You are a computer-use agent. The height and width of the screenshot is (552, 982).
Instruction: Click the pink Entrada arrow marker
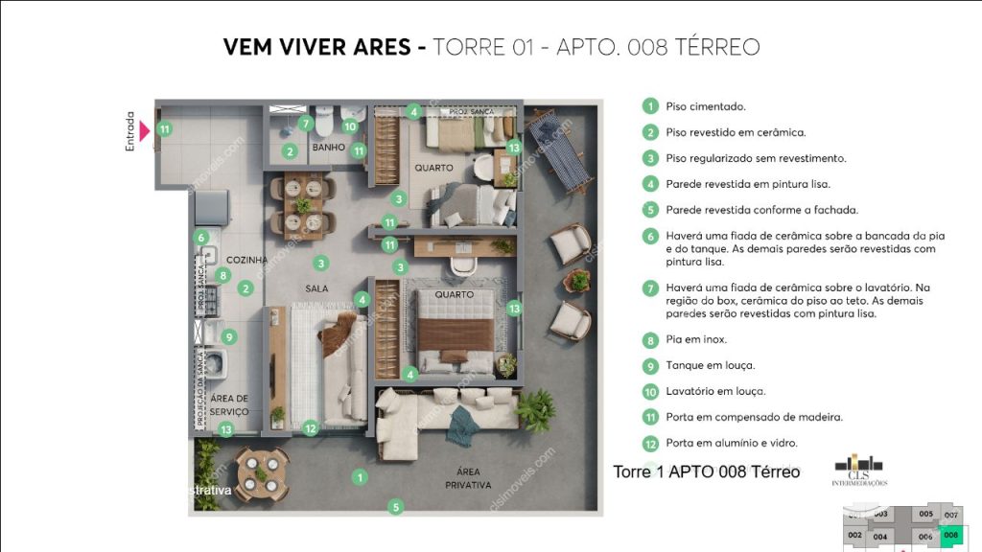click(x=145, y=129)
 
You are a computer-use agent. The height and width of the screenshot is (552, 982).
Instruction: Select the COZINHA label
click(x=245, y=260)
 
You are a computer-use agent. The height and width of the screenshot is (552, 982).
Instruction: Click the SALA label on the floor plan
click(x=317, y=287)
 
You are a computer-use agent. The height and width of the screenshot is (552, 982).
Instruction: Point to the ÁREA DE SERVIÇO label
click(x=228, y=404)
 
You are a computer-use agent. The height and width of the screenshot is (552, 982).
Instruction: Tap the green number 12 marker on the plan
click(x=310, y=428)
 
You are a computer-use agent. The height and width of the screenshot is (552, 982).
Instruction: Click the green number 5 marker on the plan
click(x=395, y=506)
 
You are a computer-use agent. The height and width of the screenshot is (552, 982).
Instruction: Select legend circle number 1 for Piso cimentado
click(x=650, y=107)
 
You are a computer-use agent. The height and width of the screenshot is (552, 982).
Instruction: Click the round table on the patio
click(x=262, y=473)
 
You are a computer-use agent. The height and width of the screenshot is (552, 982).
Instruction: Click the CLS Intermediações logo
click(x=859, y=469)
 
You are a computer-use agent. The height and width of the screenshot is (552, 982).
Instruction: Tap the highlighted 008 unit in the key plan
click(x=949, y=536)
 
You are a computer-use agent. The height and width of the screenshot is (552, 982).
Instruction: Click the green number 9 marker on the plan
click(x=228, y=336)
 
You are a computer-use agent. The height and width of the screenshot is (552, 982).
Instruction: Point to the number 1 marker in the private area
click(x=360, y=476)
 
